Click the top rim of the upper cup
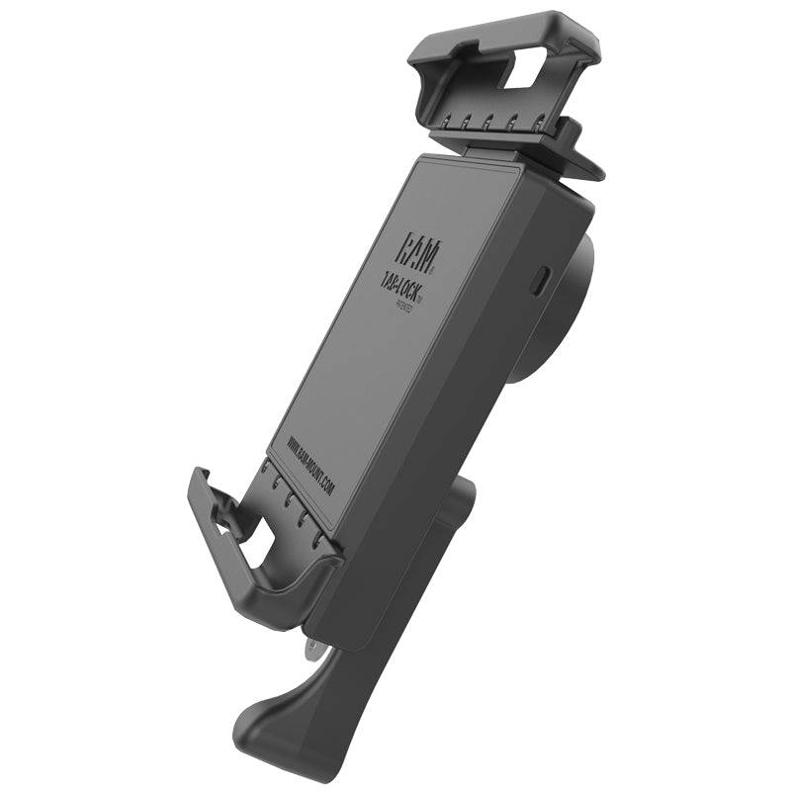point(514,24)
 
